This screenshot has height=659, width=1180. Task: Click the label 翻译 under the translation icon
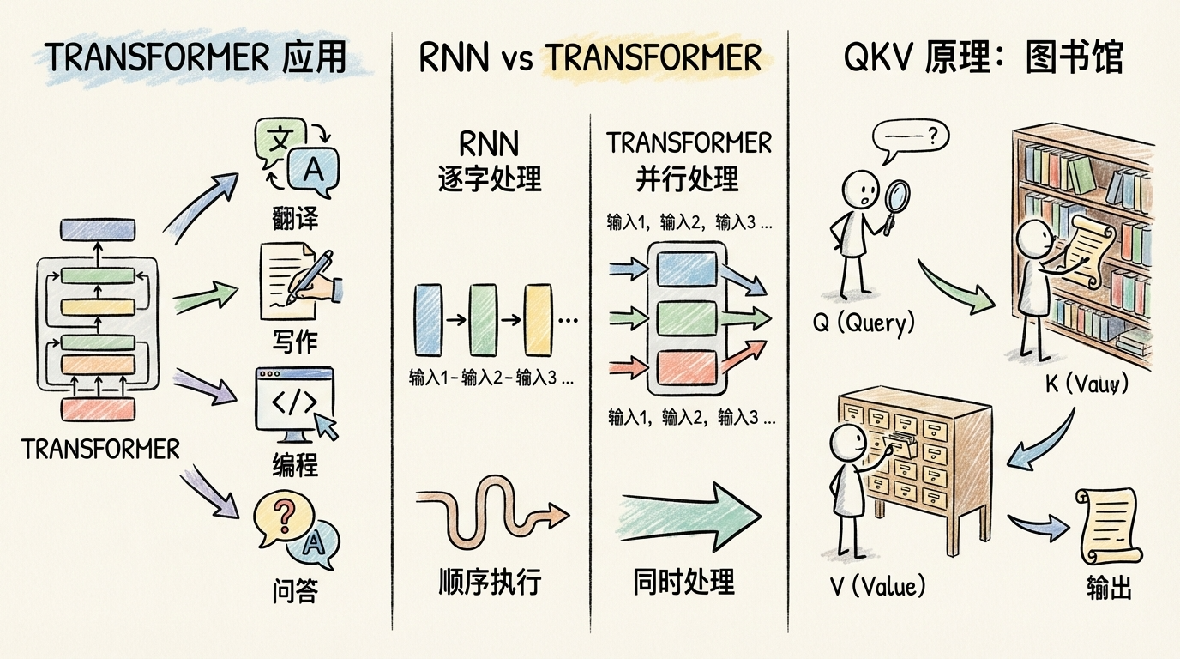(294, 218)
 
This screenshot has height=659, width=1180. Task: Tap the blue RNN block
(426, 319)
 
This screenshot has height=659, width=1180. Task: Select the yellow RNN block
(536, 319)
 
